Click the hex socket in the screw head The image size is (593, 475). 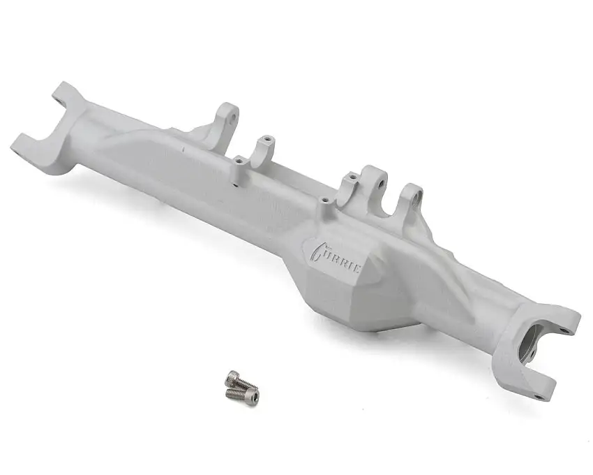tap(253, 397)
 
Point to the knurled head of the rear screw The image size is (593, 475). tap(230, 378)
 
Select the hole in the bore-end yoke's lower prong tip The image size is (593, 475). tap(539, 397)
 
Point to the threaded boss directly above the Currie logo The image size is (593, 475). tap(324, 200)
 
